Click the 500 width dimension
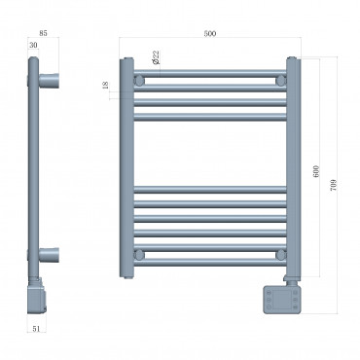pos(209,34)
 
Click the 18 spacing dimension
pos(105,86)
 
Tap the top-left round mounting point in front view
pos(140,78)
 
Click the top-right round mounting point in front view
pos(280,78)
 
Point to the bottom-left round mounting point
pos(140,255)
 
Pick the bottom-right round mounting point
pos(280,255)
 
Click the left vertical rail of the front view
pos(126,165)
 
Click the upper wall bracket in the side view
pos(51,78)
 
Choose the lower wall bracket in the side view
pos(51,255)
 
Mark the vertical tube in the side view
pos(36,165)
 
